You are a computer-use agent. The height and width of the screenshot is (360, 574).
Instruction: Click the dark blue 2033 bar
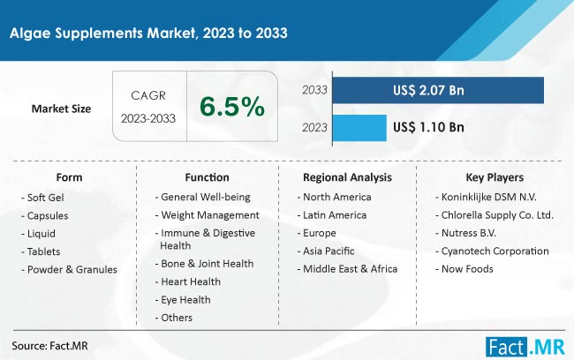438,90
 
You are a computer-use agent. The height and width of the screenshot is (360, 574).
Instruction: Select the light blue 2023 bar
359,128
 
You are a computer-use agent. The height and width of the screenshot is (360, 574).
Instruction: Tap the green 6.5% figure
232,107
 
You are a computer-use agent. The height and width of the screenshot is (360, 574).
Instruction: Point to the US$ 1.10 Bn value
428,127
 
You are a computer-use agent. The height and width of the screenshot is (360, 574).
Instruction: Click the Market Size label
61,109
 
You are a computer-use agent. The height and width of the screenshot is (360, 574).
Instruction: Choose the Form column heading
69,177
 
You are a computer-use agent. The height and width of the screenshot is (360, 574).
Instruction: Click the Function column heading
207,177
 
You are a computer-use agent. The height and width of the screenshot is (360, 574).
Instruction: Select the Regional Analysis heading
347,177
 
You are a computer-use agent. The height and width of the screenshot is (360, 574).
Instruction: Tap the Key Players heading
495,177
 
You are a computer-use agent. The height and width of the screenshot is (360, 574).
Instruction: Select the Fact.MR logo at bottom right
525,347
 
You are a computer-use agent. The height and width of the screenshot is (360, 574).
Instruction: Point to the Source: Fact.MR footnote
49,346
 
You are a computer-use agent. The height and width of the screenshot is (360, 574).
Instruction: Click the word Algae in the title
31,34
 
